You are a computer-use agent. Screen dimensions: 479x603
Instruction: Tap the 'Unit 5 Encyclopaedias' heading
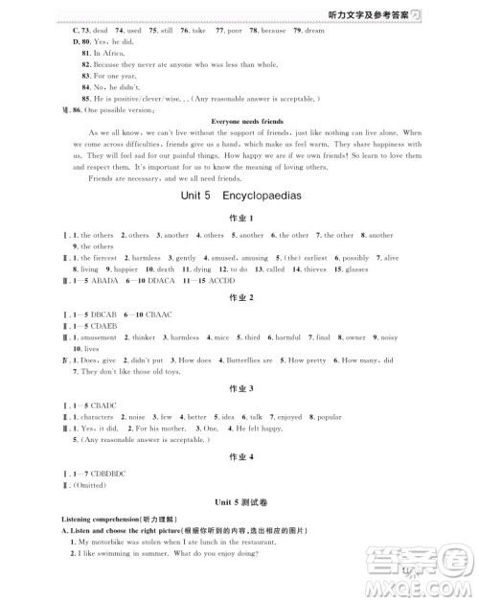239,194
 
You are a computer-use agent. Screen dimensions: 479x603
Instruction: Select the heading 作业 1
239,219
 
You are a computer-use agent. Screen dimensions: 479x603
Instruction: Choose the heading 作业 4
239,460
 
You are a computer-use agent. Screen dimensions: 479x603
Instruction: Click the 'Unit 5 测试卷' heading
239,501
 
